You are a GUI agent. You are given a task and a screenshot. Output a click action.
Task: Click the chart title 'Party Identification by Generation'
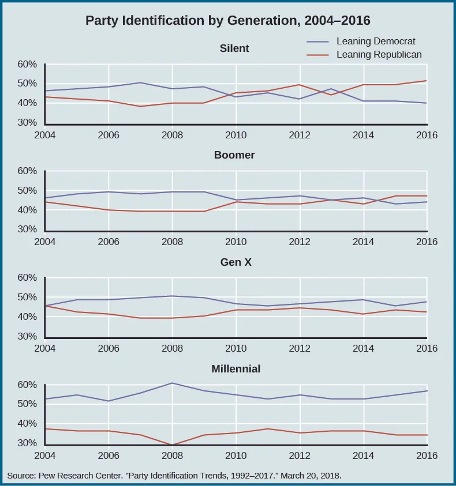227,21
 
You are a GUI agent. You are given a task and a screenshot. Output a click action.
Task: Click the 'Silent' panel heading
234,48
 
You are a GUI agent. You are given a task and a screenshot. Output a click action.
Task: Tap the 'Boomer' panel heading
234,155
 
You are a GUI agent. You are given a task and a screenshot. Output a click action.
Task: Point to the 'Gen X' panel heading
234,262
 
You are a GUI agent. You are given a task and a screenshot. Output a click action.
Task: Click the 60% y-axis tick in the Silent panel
27,65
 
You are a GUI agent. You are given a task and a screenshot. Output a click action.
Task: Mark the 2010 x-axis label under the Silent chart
236,135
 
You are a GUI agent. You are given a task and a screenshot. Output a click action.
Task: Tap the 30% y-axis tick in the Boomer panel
27,230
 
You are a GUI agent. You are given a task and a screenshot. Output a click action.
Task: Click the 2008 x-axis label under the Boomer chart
172,242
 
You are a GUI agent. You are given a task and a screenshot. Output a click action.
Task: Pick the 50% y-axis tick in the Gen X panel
27,297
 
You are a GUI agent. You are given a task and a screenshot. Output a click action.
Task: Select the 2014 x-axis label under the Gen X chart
363,348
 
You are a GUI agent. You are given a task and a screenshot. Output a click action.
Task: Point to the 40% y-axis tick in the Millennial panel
27,424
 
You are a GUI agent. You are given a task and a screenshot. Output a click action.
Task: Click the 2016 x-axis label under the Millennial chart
427,455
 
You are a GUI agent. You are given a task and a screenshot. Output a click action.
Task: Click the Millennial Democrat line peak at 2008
172,383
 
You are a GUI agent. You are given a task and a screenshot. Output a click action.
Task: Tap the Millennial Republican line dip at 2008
172,444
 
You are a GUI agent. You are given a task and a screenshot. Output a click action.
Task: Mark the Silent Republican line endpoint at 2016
427,81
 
